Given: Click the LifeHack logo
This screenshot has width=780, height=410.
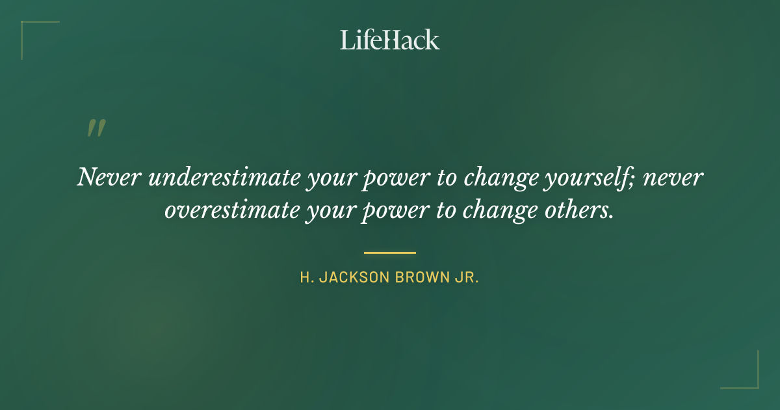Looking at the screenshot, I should click(389, 40).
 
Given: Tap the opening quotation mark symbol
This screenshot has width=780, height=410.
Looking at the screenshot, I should click(96, 128).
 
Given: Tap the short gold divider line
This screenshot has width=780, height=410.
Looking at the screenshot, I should click(389, 253).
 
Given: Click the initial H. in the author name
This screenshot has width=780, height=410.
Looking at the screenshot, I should click(306, 278).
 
